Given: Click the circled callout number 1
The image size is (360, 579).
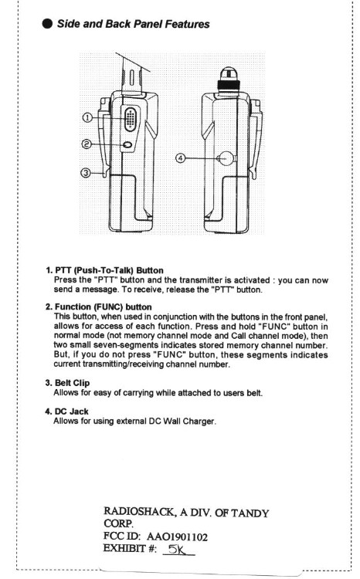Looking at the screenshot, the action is [87, 118].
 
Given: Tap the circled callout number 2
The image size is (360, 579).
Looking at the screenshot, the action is [86, 144].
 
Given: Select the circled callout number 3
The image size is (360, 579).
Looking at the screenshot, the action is [86, 172].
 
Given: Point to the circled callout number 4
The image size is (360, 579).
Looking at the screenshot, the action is [180, 158].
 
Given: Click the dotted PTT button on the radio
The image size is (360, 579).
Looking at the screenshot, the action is [130, 119].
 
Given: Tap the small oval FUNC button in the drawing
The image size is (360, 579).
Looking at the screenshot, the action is [127, 145].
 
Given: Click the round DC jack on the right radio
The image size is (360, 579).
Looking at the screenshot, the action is [226, 158].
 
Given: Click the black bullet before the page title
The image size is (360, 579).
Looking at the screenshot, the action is [48, 24].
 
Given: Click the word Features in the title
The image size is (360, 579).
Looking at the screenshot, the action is [187, 24].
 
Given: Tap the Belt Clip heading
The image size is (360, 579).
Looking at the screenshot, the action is [72, 383].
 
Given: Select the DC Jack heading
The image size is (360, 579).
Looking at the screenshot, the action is [71, 411].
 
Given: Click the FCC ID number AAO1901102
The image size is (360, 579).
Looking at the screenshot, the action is [177, 537].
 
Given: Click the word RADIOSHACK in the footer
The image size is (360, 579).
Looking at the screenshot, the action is [139, 511].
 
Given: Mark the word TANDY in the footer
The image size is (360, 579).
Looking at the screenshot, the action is [250, 513].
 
